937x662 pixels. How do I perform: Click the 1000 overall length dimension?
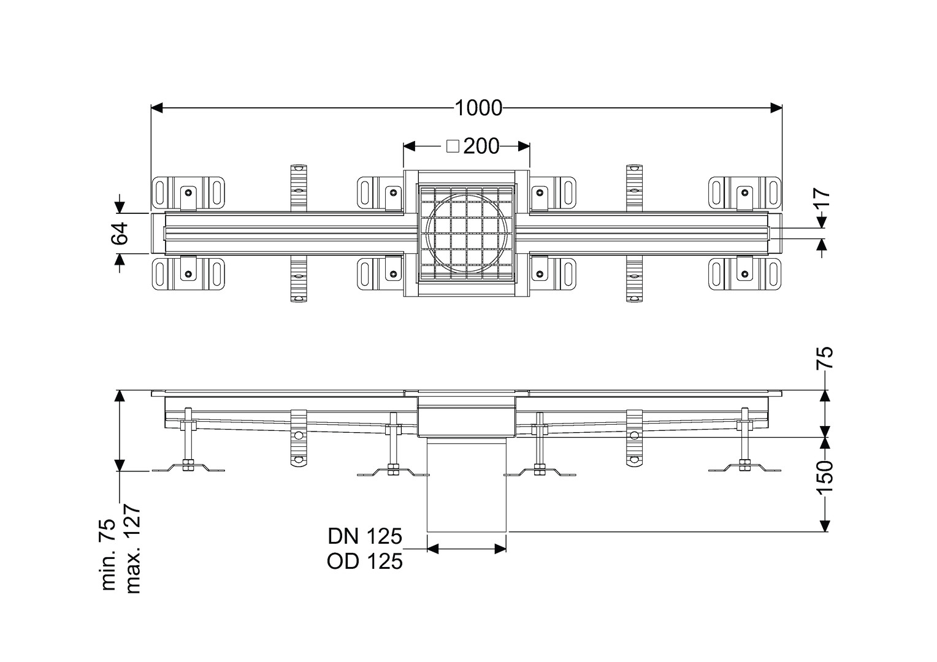pos(478,108)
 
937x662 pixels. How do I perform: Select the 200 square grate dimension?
pos(481,146)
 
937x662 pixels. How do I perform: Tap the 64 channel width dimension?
pos(120,234)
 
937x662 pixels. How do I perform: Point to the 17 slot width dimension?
pos(822,200)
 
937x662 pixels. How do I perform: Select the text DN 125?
pos(365,536)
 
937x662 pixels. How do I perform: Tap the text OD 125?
pos(365,561)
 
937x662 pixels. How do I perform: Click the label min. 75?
pos(109,555)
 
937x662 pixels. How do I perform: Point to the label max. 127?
pos(133,549)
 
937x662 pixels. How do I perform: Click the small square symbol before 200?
pos(453,146)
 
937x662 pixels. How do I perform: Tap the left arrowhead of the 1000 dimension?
pos(157,108)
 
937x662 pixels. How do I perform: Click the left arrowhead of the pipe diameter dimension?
pos(434,549)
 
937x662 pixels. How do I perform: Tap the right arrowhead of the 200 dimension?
pos(524,146)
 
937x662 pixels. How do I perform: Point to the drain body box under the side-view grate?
pos(467,417)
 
